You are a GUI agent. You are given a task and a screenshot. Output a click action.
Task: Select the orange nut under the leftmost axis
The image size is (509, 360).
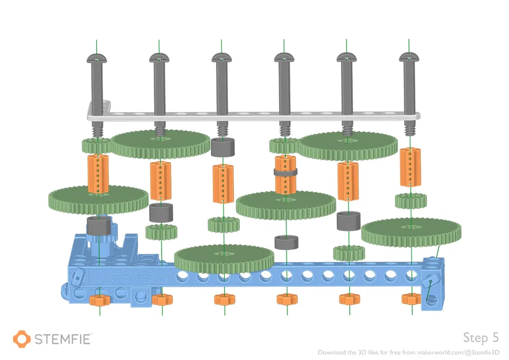[x=98, y=300]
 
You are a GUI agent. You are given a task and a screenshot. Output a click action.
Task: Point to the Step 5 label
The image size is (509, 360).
[x=480, y=337]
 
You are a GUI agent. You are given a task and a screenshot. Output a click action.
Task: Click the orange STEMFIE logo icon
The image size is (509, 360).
[x=22, y=339]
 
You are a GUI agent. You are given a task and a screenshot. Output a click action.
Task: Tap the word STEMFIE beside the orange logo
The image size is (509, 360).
[x=63, y=339]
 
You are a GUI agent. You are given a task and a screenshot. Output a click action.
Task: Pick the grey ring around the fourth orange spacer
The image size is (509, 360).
[x=285, y=172]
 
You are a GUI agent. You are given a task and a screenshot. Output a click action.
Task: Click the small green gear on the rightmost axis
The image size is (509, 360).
[x=410, y=201]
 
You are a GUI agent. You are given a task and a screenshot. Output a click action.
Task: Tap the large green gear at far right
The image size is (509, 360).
[x=411, y=231]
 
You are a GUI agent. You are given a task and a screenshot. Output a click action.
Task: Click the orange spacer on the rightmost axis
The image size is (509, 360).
[x=410, y=167]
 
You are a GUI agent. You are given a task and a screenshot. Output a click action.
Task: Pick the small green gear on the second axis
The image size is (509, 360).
[x=161, y=232]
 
